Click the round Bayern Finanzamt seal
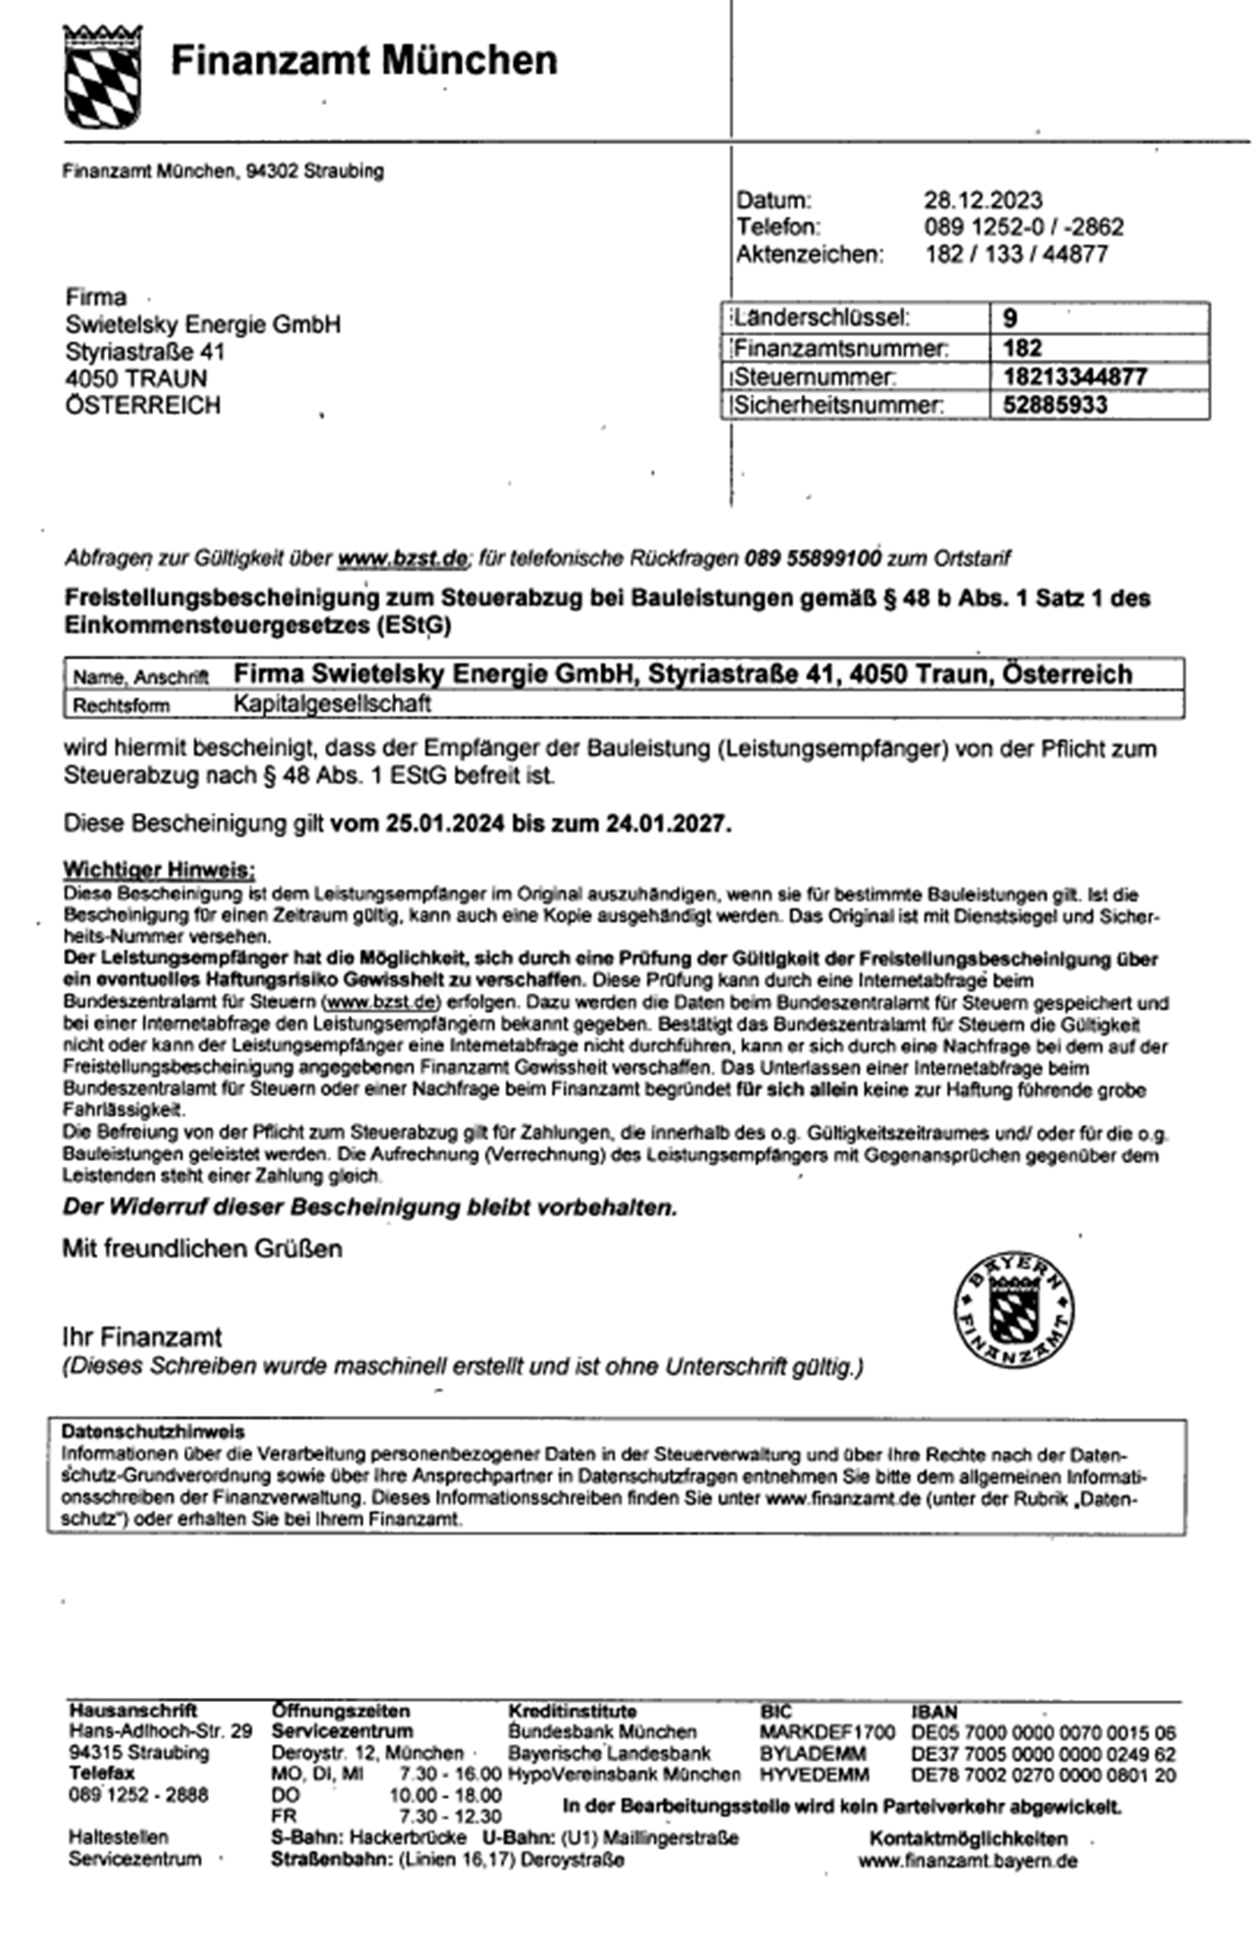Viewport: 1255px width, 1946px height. pos(1013,1310)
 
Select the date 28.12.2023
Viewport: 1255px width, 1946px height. pos(982,201)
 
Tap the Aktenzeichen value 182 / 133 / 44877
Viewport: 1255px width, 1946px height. pos(1016,255)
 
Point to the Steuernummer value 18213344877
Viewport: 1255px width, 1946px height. pos(1075,376)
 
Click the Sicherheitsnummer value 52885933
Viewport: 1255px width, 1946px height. pos(1055,405)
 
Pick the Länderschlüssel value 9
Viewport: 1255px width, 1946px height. pos(1010,319)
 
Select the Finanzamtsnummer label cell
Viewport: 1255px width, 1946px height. pos(840,348)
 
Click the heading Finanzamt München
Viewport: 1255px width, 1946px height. pos(364,61)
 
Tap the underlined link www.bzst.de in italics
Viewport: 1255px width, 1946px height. pos(402,559)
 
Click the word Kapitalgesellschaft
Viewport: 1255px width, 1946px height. pos(332,704)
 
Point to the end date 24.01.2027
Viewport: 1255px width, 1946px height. pos(668,823)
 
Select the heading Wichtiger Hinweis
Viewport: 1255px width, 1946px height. pos(159,870)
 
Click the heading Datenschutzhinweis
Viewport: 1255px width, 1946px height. pos(152,1431)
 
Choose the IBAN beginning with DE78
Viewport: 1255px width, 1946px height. pos(1043,1775)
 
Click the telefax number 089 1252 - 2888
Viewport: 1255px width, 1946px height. pos(138,1795)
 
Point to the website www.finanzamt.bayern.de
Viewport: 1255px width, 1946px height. pos(968,1861)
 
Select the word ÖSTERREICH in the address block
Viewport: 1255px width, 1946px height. pos(143,406)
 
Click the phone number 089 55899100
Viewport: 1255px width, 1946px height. pos(812,559)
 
